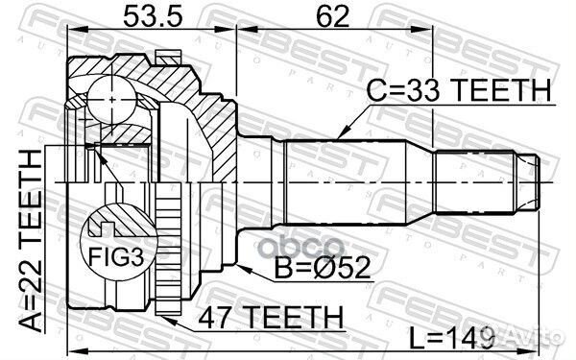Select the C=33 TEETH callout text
click(x=459, y=90)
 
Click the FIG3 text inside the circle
click(x=108, y=256)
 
